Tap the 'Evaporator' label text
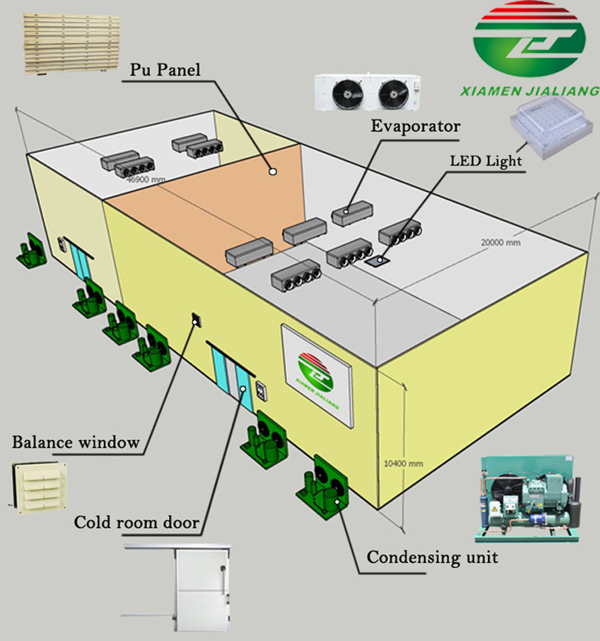tap(415, 126)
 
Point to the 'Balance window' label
tap(76, 443)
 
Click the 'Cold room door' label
tap(136, 522)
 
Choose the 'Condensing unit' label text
tap(432, 557)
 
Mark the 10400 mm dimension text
tap(402, 464)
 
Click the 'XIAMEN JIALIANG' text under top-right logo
tap(529, 90)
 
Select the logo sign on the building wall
tap(317, 374)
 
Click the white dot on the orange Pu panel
tap(272, 171)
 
